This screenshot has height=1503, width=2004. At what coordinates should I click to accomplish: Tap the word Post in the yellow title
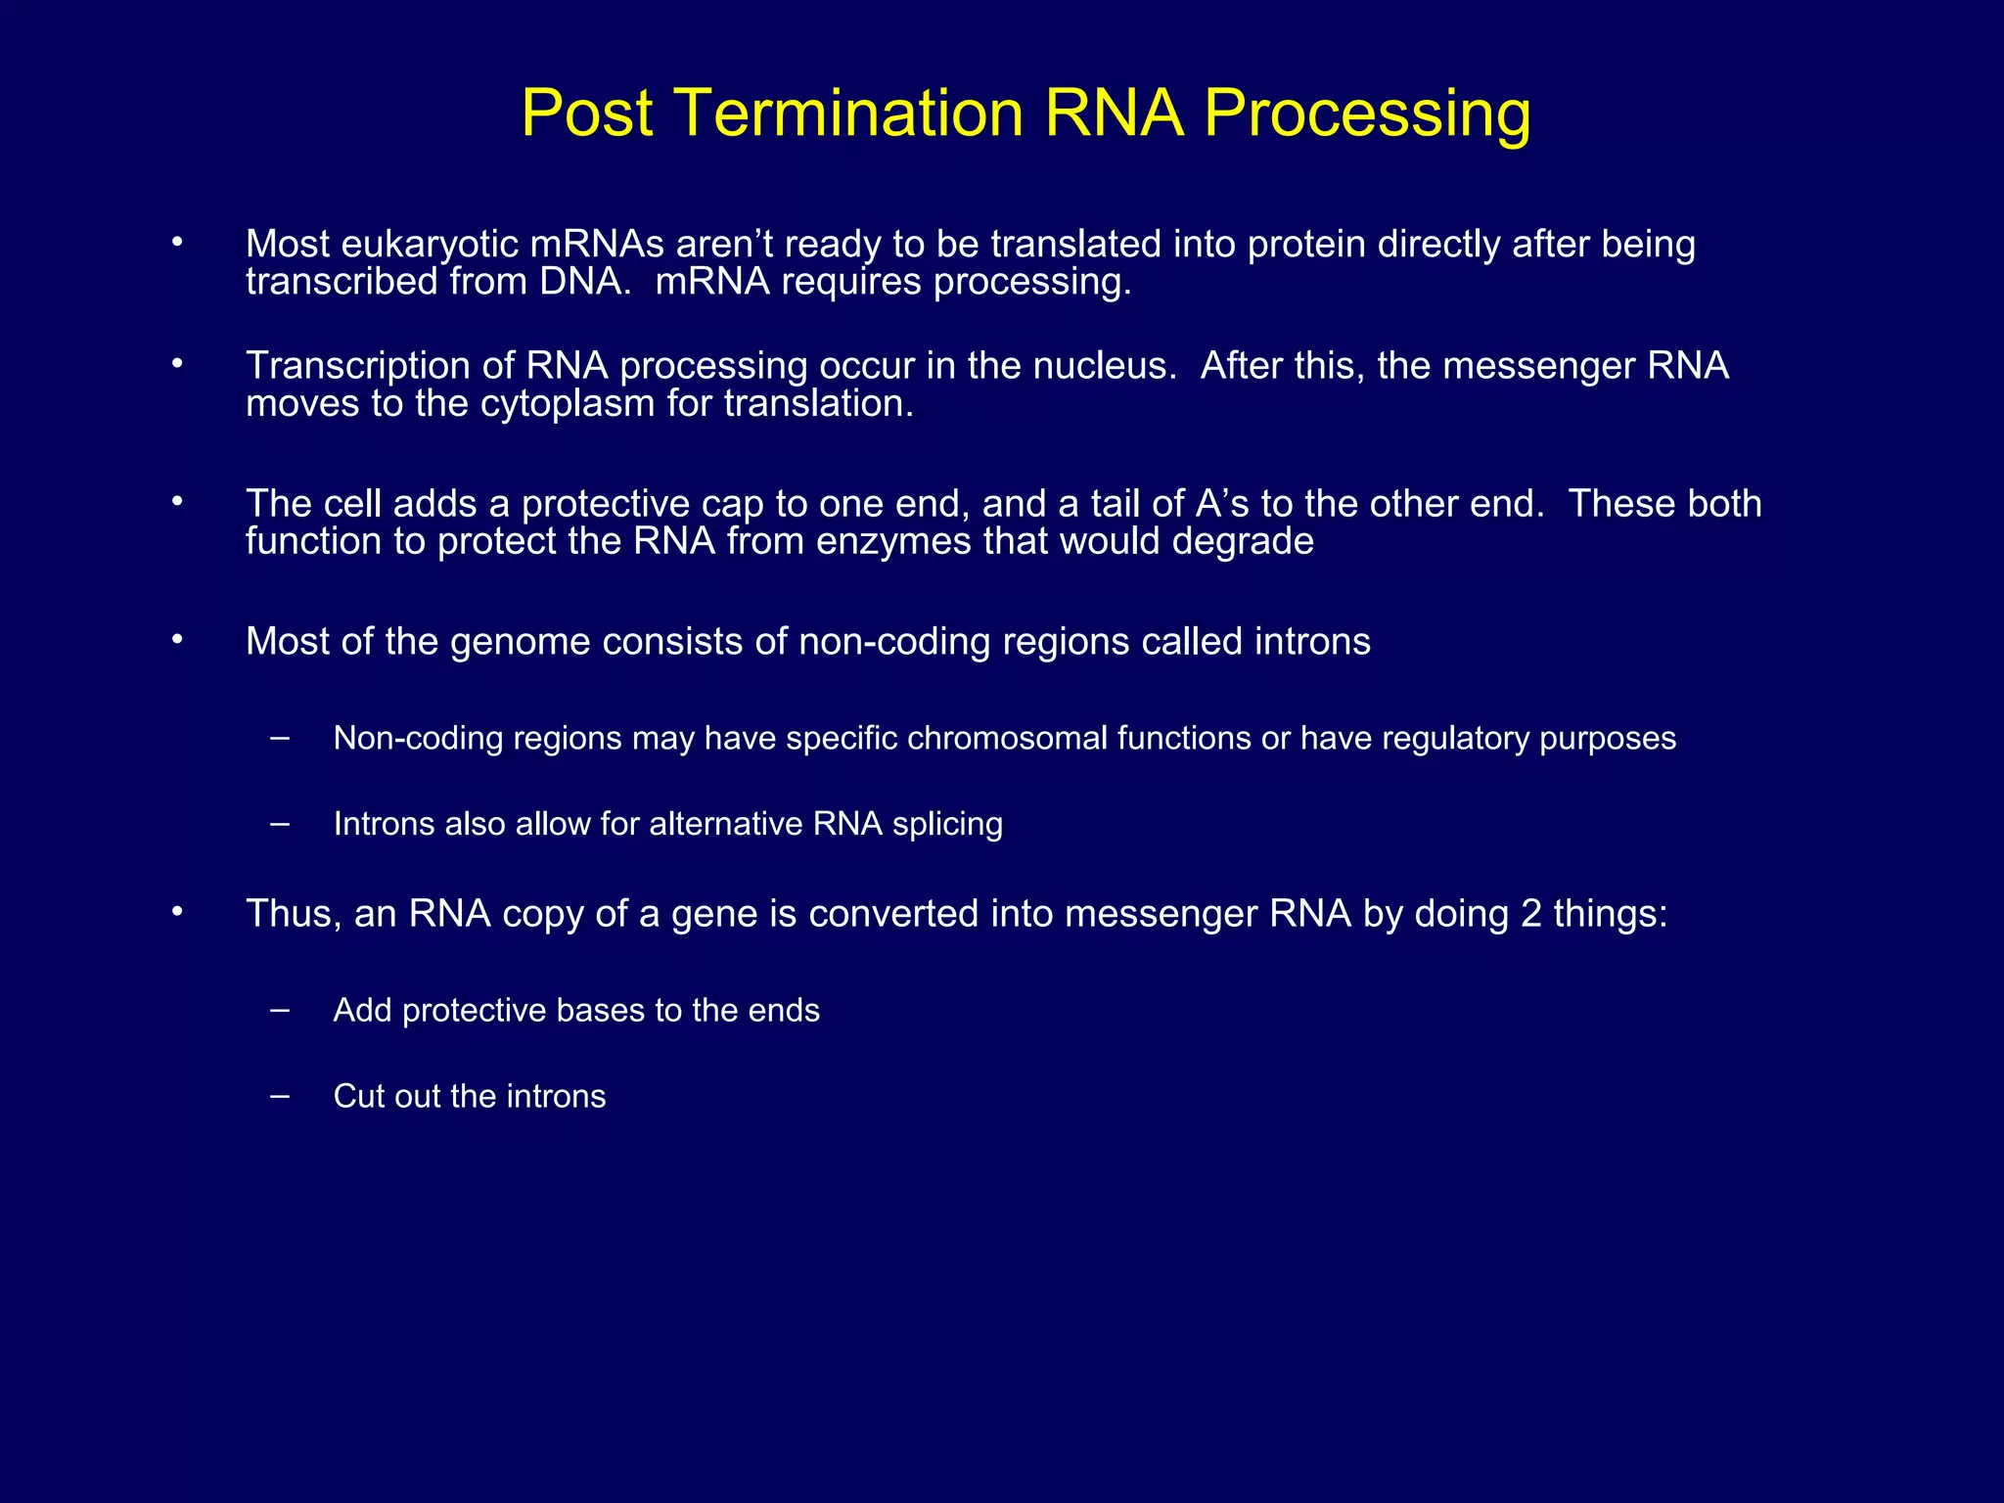(x=587, y=113)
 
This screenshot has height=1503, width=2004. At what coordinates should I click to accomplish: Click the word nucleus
(x=1106, y=366)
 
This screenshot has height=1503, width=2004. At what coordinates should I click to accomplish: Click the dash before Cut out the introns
(x=281, y=1096)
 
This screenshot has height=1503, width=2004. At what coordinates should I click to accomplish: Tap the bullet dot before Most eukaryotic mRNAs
(x=177, y=242)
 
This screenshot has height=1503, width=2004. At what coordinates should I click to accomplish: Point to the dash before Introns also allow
(x=281, y=824)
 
